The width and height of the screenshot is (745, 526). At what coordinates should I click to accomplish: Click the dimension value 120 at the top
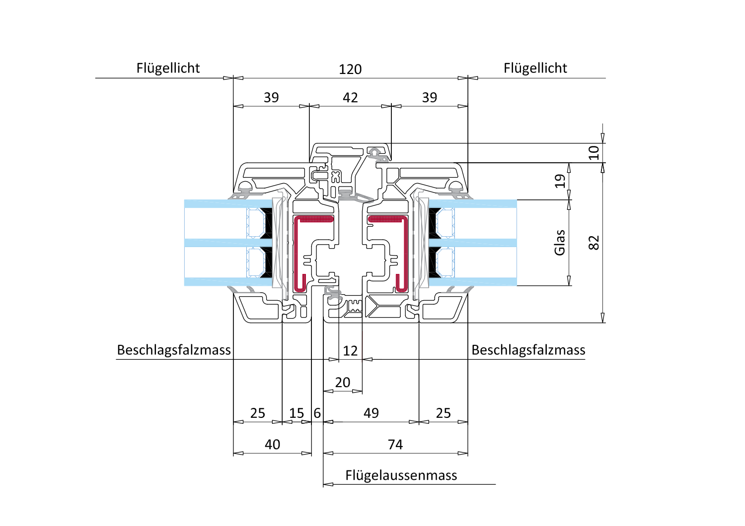pos(350,69)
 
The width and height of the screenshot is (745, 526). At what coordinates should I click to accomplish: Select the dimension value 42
pos(350,98)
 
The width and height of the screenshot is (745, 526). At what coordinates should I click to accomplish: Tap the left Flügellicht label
pos(168,68)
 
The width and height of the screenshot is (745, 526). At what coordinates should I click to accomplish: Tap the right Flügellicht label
pos(535,68)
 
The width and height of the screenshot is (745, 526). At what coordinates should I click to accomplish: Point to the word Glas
pos(560,243)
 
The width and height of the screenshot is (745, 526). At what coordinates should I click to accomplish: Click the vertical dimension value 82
pos(594,243)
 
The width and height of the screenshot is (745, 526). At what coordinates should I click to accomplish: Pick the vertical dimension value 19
pos(560,181)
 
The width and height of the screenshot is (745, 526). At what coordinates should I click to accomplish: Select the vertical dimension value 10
pos(594,153)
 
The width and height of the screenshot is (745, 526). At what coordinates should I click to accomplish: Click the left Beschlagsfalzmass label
pos(174,350)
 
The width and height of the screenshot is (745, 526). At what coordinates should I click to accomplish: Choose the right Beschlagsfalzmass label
pos(528,350)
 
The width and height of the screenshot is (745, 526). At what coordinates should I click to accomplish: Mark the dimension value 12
pos(350,351)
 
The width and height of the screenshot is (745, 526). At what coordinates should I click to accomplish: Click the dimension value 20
pos(343,383)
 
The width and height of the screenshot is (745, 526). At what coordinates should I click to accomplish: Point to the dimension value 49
pos(371,413)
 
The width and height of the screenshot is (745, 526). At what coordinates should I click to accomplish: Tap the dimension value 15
pos(297,413)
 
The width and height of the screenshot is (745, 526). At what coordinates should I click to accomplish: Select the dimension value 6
pos(317,413)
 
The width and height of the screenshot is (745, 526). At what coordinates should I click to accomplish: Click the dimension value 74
pos(395,445)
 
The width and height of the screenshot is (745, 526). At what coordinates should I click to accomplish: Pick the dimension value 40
pos(272,445)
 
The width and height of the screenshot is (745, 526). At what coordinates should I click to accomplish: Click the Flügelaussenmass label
pos(401,475)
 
